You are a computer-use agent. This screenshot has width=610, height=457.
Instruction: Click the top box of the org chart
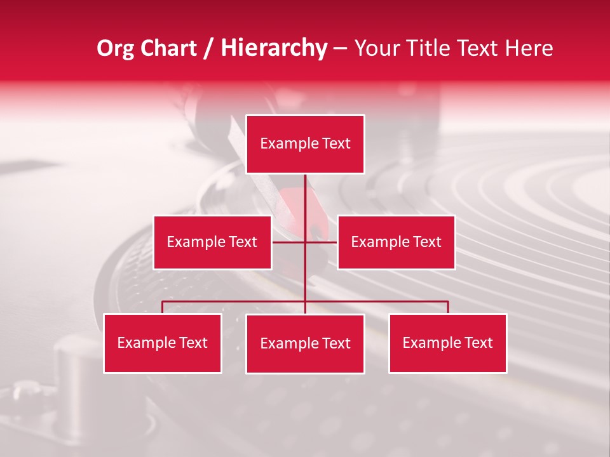coord(305,144)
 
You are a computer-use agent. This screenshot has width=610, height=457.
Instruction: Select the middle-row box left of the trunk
coord(212,242)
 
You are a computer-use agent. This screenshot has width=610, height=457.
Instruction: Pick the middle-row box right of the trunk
coord(396,242)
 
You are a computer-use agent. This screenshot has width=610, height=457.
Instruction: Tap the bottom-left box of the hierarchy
coord(163,343)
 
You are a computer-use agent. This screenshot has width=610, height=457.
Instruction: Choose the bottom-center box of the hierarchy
coord(305,344)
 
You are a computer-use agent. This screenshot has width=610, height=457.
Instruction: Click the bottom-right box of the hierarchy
coord(448,343)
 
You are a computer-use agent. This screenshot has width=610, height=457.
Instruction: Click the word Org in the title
coord(115,48)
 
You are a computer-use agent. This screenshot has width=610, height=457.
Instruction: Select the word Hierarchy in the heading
coord(274,48)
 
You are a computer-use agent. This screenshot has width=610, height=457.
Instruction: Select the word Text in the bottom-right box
coord(478,343)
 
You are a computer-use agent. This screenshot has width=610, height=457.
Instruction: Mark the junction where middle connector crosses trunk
coord(305,242)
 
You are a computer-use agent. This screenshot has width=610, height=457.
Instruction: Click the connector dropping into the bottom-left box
coord(163,307)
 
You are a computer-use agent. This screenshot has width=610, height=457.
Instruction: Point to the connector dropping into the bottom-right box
coord(448,307)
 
